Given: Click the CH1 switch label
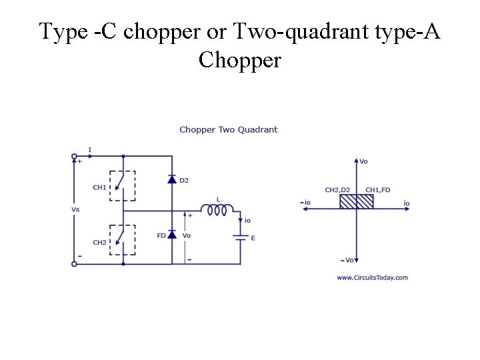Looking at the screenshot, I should point(99,187).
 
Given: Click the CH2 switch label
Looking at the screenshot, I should point(99,242).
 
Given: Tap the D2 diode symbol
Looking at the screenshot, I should point(172,180).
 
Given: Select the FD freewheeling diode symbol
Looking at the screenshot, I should point(172,235).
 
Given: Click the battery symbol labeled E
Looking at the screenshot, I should point(239,236).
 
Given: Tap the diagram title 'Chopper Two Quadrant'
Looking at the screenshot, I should point(228,129).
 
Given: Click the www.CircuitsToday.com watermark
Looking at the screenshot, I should point(372,277).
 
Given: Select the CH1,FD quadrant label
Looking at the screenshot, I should point(378,190).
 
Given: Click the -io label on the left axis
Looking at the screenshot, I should point(305,202).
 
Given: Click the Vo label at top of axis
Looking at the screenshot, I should point(363,161).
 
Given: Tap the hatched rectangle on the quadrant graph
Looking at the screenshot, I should point(356,201).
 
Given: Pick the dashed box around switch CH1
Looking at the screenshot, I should point(123,185).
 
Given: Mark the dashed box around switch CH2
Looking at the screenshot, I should point(123,239).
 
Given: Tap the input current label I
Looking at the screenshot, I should point(90,149).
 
